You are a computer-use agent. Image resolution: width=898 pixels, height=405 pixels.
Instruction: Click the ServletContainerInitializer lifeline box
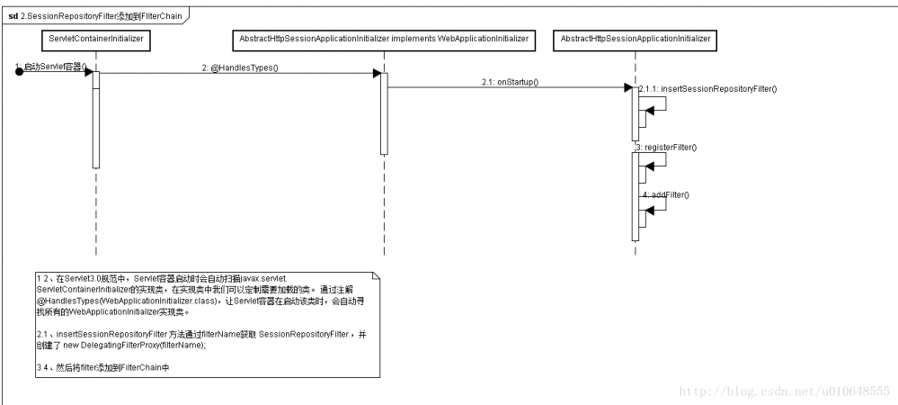tap(94, 40)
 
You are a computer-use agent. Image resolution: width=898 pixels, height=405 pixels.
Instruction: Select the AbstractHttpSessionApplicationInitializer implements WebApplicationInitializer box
tap(383, 40)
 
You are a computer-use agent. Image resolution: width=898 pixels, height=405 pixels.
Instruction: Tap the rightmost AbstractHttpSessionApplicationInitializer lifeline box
tap(636, 40)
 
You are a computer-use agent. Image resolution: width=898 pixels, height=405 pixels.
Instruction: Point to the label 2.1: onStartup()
tap(510, 82)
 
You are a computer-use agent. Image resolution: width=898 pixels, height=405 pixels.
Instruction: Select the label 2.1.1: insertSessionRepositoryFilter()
tap(707, 89)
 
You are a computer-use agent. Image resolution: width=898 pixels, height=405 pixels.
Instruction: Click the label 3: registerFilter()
tap(666, 147)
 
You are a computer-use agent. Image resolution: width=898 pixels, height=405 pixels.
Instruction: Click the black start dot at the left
tap(18, 72)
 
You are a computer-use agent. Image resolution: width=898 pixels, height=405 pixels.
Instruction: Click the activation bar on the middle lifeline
tap(384, 113)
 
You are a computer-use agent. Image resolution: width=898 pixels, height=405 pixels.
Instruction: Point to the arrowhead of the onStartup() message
tap(627, 87)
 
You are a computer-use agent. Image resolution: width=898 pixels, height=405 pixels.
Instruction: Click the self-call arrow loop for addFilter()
tap(656, 204)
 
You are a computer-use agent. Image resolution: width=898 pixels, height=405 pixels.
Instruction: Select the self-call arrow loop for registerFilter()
tap(656, 157)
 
